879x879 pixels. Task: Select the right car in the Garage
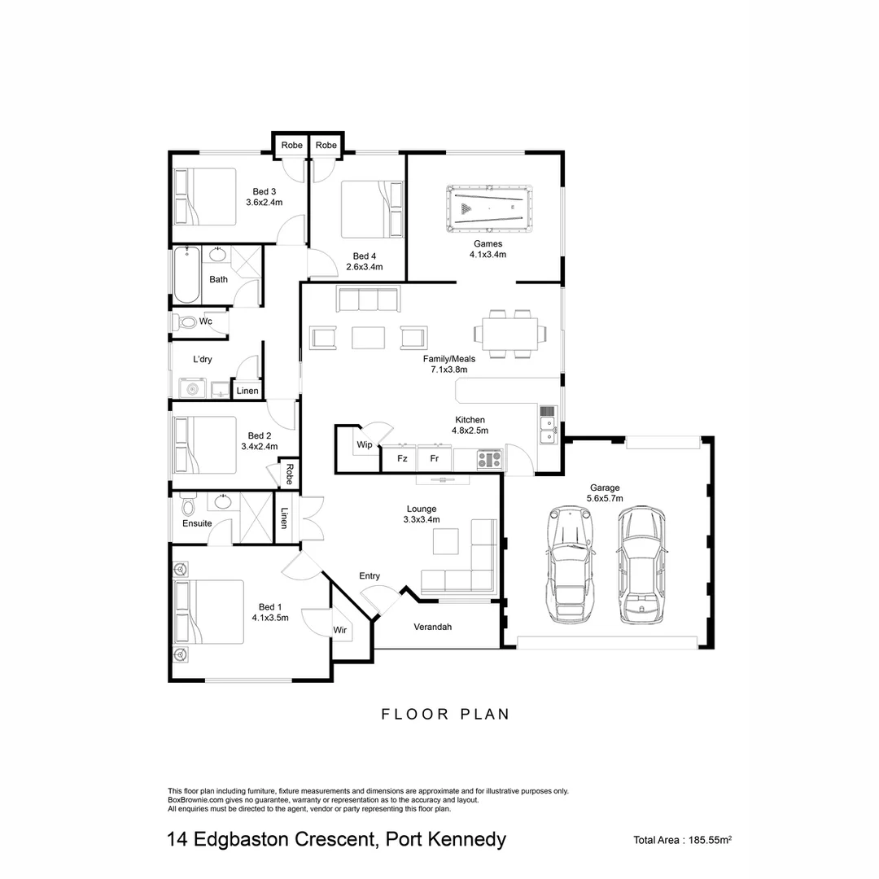[641, 564]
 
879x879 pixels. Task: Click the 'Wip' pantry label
[363, 445]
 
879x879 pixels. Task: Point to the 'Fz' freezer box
[401, 459]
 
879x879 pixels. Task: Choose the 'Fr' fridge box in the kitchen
[435, 459]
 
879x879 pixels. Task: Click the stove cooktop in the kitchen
[489, 460]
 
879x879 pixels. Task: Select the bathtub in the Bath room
[186, 274]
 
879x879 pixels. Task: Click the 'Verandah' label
[432, 627]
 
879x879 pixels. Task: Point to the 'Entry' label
[370, 576]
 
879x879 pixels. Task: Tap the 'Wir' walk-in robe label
[340, 630]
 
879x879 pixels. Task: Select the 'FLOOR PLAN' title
[445, 714]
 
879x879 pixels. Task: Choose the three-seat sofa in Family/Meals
[368, 300]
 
